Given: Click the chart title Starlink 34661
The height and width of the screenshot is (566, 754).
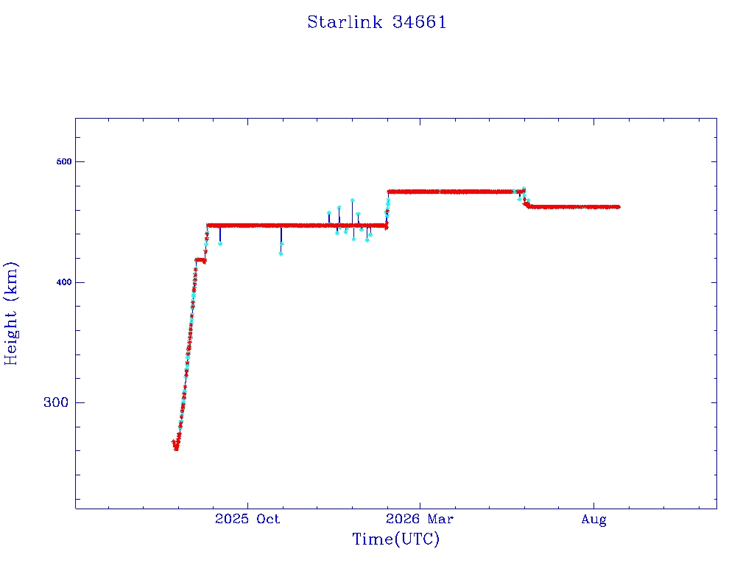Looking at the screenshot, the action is click(377, 22).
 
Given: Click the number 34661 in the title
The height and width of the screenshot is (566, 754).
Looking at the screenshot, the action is click(419, 22).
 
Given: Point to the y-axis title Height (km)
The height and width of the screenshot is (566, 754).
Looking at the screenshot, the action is click(10, 313).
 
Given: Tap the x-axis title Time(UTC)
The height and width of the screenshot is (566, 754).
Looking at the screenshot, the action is click(395, 539).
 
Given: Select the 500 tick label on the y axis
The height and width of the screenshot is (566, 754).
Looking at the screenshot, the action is click(64, 161).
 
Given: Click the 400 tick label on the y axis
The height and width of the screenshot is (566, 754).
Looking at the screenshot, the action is click(64, 282).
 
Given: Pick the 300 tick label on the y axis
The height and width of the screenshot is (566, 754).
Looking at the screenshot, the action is click(56, 402).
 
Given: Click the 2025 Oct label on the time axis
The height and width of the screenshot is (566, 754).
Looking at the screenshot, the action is click(247, 519).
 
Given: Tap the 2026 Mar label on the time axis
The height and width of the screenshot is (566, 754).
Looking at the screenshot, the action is click(419, 519).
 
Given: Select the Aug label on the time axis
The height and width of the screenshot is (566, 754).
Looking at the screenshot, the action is click(594, 520).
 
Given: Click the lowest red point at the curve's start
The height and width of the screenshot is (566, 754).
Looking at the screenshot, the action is click(176, 449).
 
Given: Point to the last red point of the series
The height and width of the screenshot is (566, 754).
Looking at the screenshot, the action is click(618, 207).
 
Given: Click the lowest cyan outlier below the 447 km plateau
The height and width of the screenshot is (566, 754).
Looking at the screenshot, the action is click(281, 254).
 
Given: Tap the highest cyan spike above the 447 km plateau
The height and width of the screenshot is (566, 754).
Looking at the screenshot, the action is click(353, 200).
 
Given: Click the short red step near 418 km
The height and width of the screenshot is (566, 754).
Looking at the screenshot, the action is click(200, 260).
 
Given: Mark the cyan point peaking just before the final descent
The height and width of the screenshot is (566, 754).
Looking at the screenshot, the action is click(524, 189).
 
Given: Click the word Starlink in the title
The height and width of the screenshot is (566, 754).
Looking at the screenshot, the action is click(345, 22).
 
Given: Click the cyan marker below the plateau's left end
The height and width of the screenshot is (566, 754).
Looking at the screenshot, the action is click(220, 244).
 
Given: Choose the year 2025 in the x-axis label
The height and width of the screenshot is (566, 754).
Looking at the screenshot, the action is click(231, 519).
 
